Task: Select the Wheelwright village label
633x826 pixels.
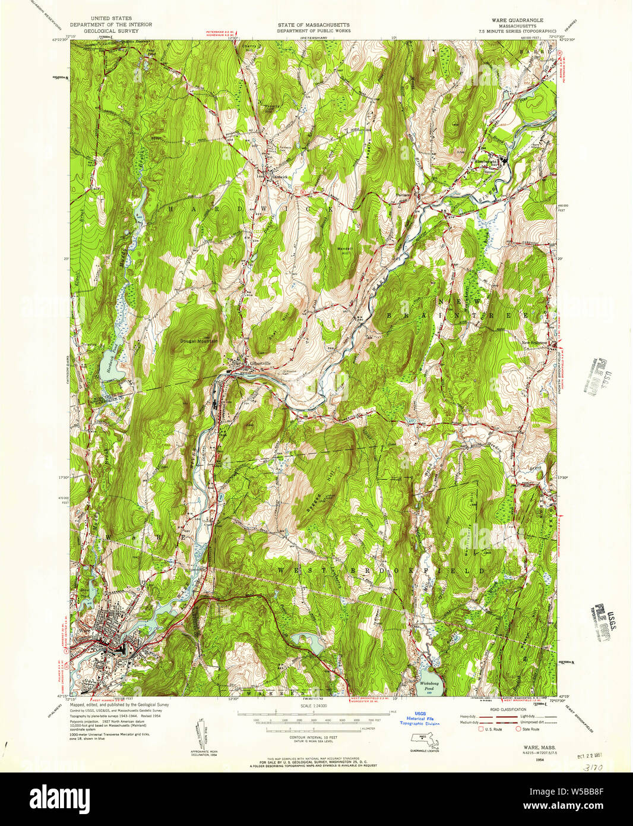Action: (486, 162)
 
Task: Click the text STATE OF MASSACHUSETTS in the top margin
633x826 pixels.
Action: (314, 26)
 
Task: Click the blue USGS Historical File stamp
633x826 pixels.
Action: (420, 718)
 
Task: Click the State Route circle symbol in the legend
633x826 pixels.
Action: (517, 729)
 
